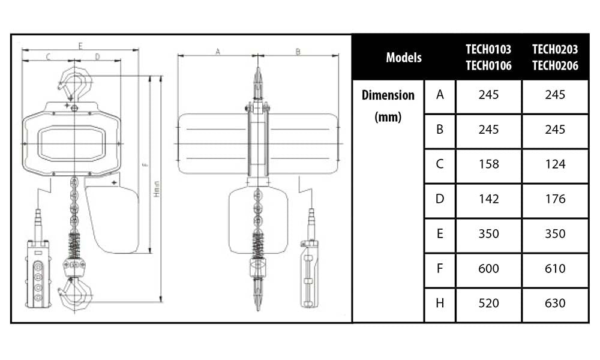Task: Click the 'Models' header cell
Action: click(x=404, y=58)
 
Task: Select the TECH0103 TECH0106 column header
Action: click(x=488, y=58)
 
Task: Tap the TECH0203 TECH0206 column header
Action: click(x=555, y=58)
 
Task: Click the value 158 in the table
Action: click(x=488, y=164)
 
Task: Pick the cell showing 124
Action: click(x=555, y=164)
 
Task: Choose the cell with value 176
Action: click(x=555, y=199)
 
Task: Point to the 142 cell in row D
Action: click(x=488, y=199)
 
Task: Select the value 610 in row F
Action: click(x=555, y=269)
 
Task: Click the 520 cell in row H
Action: click(x=488, y=304)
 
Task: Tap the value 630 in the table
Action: click(x=555, y=304)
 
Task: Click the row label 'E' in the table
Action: click(x=440, y=234)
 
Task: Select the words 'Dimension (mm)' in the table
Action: click(x=388, y=106)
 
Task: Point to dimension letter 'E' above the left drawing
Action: click(x=80, y=46)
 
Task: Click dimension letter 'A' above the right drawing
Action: click(x=218, y=52)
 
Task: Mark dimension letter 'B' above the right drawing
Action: click(x=298, y=52)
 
